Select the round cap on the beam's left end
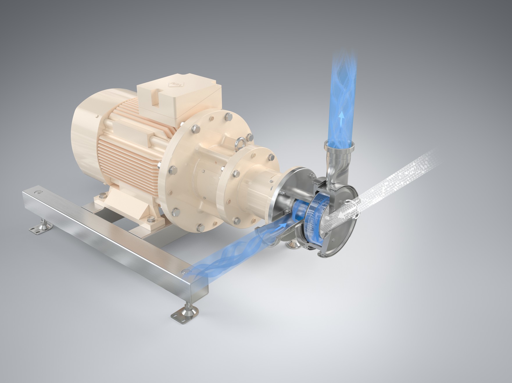point(37,193)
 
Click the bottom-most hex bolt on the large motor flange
point(200,227)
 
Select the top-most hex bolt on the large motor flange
point(227,117)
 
